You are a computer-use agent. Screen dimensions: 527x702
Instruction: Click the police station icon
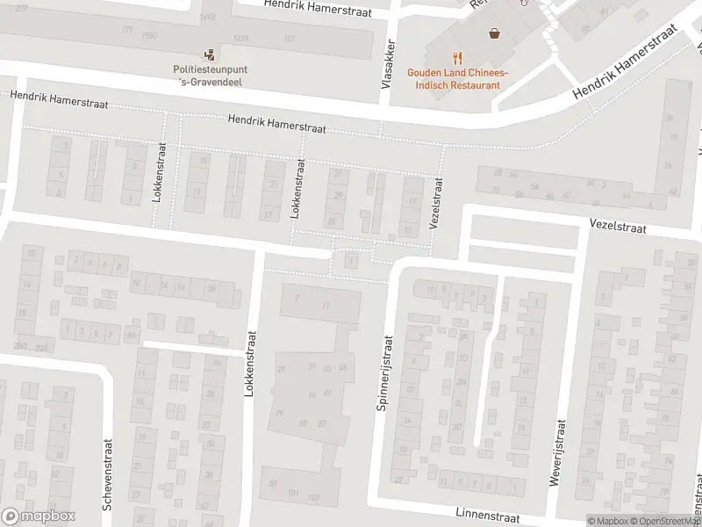[208, 54]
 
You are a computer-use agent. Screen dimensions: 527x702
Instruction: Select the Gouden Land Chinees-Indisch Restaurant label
[454, 80]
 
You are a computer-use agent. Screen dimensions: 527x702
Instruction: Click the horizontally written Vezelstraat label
[618, 227]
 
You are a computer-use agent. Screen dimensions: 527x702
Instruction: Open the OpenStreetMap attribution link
[667, 521]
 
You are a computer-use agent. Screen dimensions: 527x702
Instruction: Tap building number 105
[313, 497]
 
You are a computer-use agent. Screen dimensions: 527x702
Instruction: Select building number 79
[280, 413]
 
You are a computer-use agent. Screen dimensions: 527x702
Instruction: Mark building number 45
[342, 367]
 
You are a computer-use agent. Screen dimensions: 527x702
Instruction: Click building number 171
[129, 31]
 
